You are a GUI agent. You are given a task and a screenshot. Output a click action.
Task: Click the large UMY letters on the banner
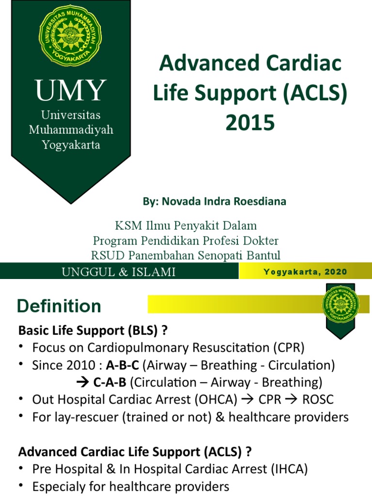point(71,91)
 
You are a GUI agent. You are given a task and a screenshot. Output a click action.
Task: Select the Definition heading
point(59,306)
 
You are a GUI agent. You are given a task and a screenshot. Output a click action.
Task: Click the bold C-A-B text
point(109,383)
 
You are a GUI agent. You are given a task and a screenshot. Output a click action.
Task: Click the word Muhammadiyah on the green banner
point(71,130)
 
